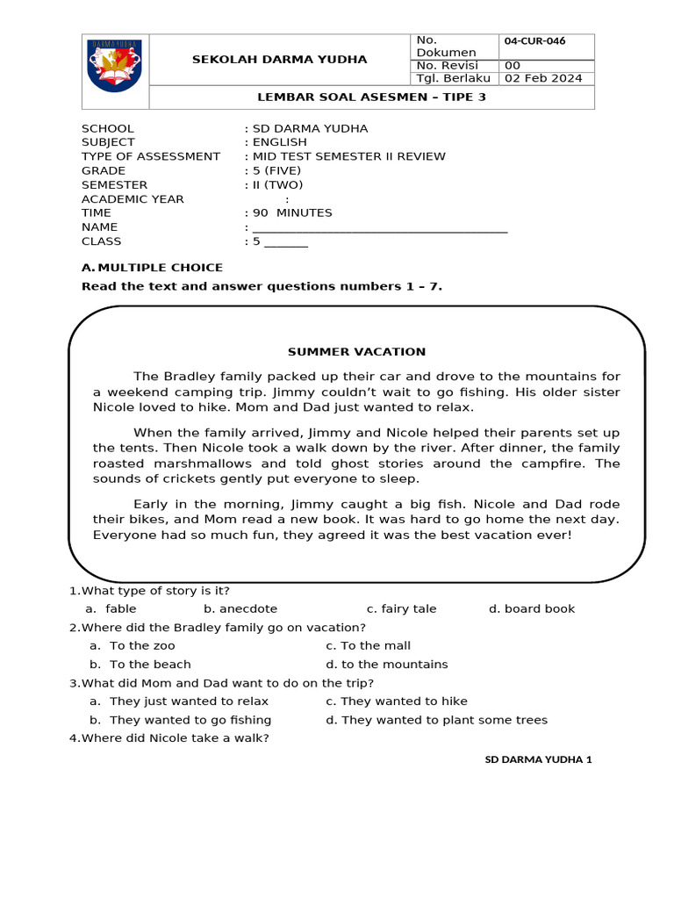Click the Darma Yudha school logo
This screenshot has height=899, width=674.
[115, 71]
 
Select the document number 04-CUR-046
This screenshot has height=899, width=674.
[534, 40]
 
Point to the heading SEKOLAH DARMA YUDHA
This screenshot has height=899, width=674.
[279, 60]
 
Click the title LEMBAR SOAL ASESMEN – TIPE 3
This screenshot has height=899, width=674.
[369, 97]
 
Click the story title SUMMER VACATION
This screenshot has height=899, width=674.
[356, 352]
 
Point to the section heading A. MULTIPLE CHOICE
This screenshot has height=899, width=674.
[152, 268]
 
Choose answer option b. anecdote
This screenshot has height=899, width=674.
[240, 609]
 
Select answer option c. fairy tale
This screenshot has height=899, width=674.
[401, 609]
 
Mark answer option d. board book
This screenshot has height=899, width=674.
[532, 609]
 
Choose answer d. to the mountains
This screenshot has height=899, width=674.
[386, 665]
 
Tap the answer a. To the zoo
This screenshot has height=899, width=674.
[132, 646]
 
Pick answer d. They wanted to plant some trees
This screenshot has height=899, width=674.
[436, 721]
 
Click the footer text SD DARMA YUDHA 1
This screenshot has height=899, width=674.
[539, 759]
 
